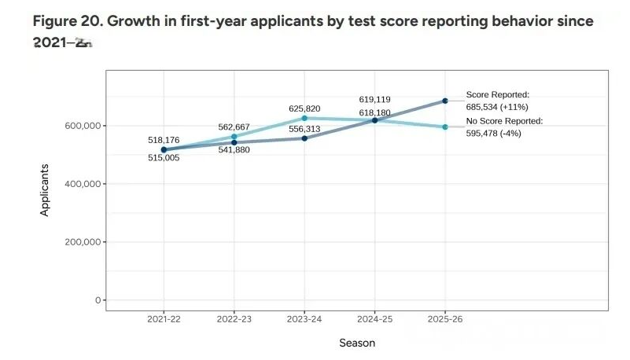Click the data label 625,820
pos(304,108)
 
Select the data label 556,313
pos(304,129)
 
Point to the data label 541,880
pos(234,150)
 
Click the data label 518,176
pos(164,140)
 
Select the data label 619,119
pos(374,100)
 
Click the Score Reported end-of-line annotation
pos(498,99)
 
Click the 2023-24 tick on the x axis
pos(304,320)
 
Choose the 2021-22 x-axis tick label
pos(164,320)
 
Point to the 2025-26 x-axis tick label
pos(445,320)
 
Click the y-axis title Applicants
pos(45,189)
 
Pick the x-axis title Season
pos(357,343)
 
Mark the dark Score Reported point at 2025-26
pos(445,101)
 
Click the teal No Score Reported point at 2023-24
pos(304,118)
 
